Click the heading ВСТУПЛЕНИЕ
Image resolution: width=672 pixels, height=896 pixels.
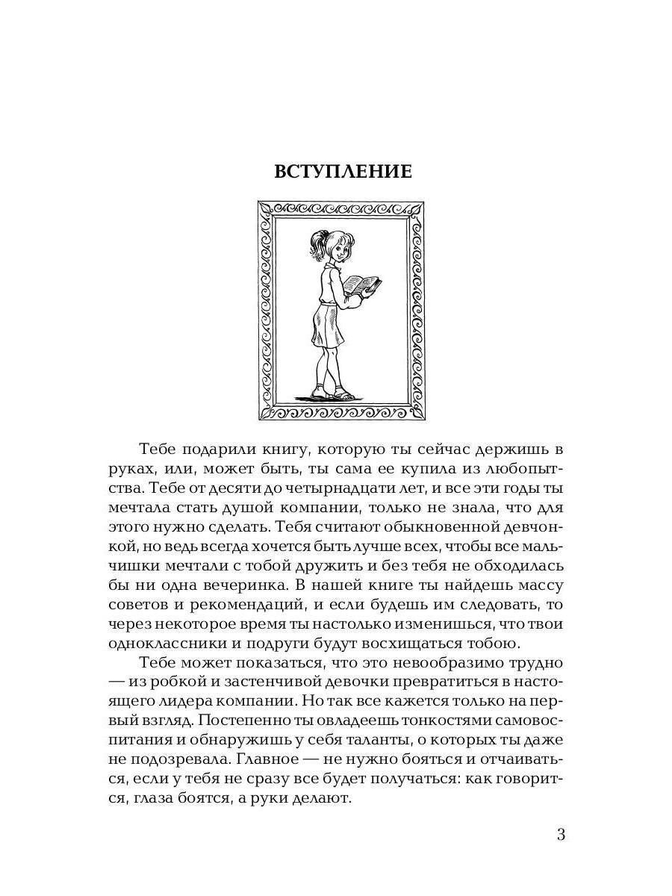[343, 171]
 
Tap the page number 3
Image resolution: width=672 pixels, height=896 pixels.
[561, 834]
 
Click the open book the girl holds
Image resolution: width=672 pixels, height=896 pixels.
[361, 285]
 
